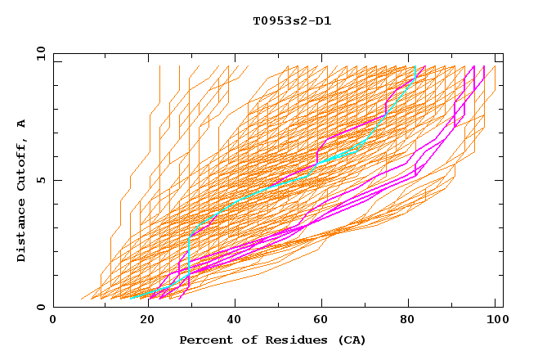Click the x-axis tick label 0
(x=53, y=320)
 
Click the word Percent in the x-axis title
(x=204, y=340)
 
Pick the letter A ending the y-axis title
(x=22, y=123)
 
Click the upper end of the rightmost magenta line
(x=484, y=66)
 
